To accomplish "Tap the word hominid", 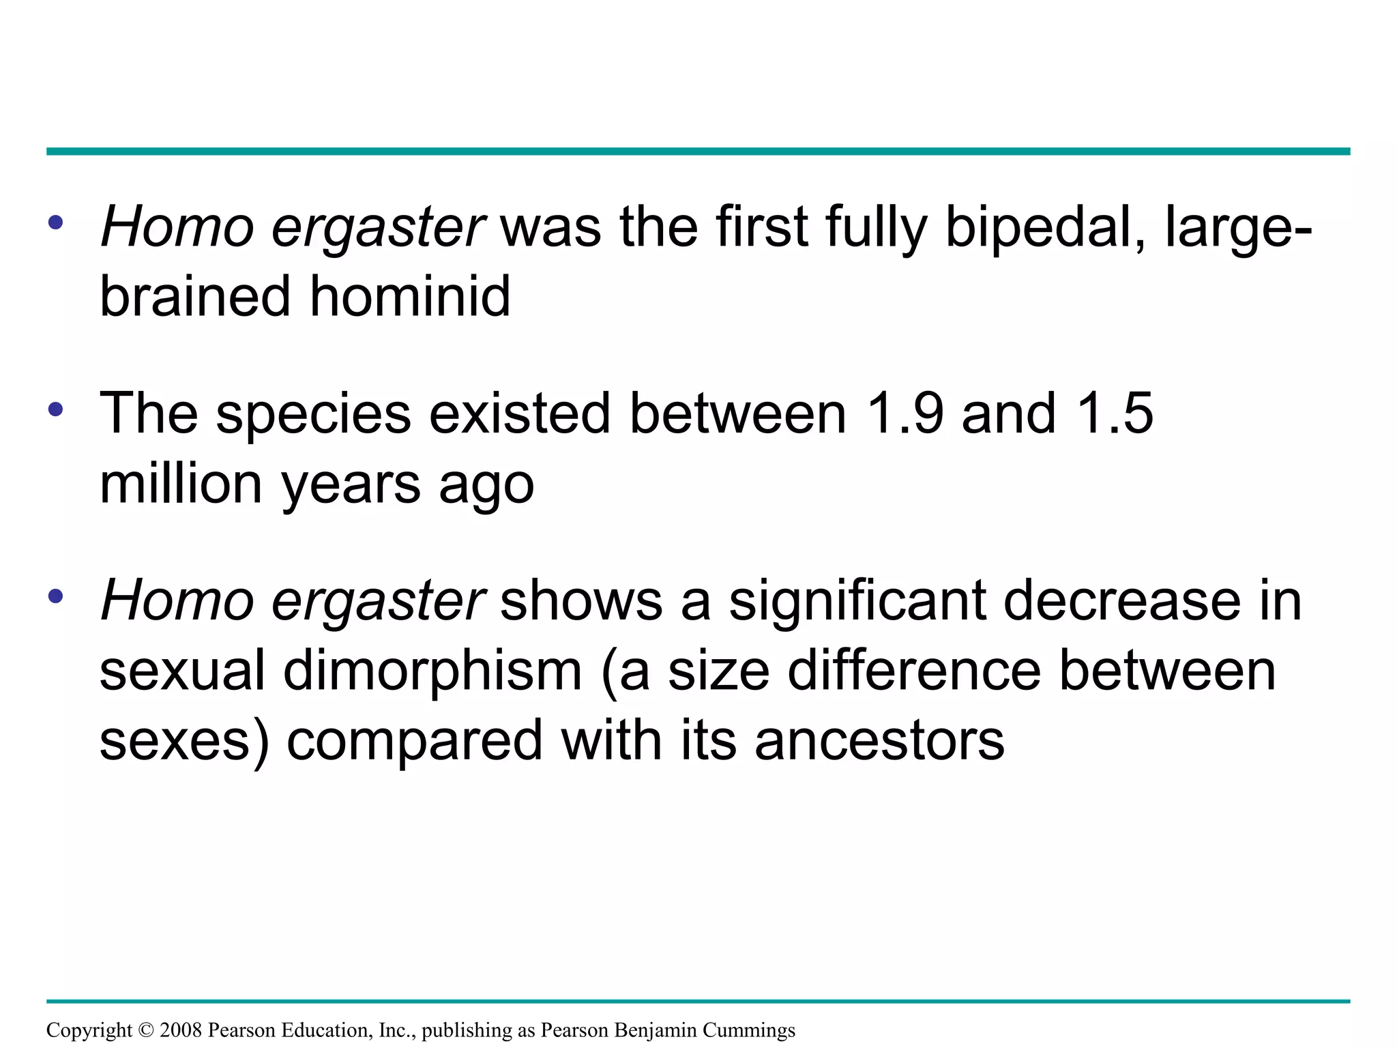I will coord(410,297).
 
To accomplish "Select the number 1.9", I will coord(905,413).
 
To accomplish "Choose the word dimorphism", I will coord(432,671).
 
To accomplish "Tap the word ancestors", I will coord(879,741).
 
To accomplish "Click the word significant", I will coord(858,601).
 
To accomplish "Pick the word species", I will coord(314,415).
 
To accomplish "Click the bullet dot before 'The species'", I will coord(56,409).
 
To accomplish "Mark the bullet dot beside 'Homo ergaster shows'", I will coord(56,596).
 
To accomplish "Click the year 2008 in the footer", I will coord(181,1030).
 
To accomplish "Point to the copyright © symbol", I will coord(146,1030).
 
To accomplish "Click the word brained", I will coord(196,297).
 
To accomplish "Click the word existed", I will coord(518,413).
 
